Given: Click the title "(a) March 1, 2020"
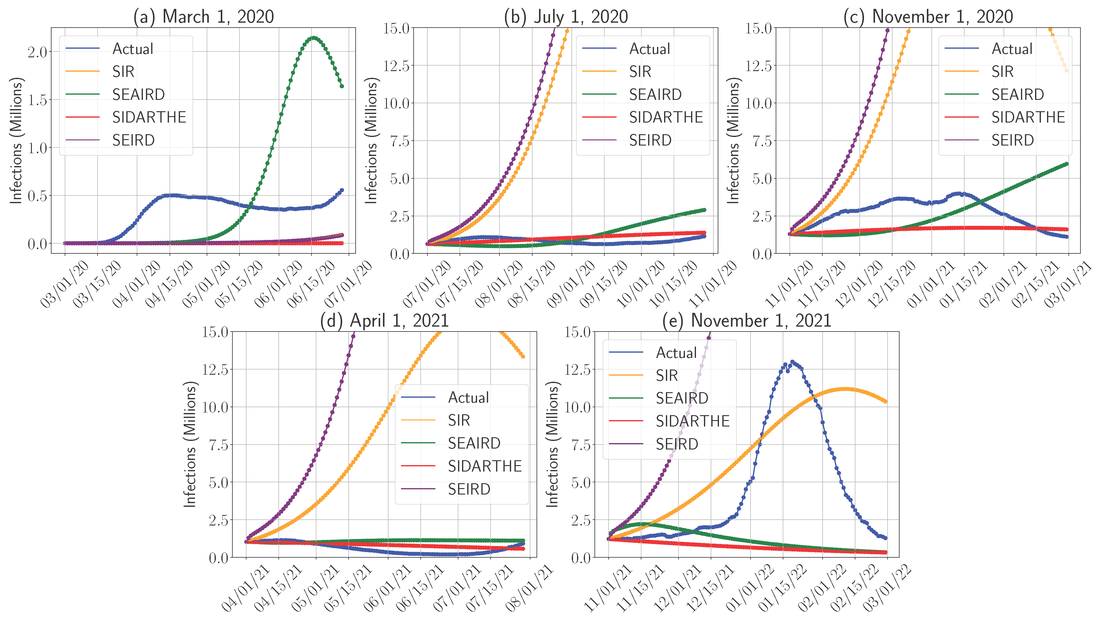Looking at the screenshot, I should click(x=203, y=17).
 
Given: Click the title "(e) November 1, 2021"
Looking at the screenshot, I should click(x=746, y=320).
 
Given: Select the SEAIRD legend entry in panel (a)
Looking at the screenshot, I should click(x=138, y=94).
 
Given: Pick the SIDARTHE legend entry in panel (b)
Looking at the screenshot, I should click(x=665, y=117).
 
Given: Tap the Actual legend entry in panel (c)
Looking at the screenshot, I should click(x=1011, y=49).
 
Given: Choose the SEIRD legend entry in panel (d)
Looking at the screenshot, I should click(x=469, y=489).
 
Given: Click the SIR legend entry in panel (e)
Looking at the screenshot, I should click(x=667, y=376).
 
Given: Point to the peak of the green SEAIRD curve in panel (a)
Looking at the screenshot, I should click(x=314, y=38).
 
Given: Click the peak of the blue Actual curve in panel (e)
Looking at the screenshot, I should click(x=793, y=362).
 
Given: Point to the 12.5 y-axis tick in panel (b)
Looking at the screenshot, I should click(x=396, y=66).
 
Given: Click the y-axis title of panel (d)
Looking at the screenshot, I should click(x=189, y=444).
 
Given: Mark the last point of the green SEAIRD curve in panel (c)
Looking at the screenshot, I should click(x=1067, y=164).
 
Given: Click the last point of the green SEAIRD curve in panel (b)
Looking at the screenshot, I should click(x=704, y=210).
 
